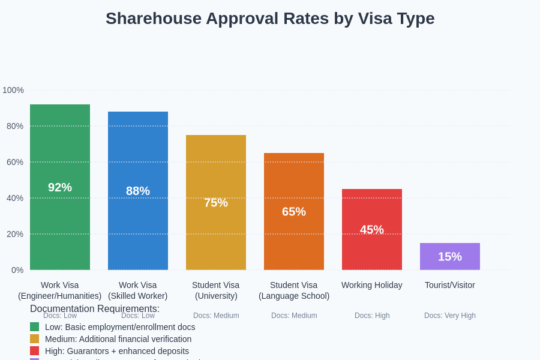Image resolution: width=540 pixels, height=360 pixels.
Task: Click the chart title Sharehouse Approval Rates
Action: click(x=270, y=19)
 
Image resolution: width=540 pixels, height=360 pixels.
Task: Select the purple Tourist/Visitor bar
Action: click(x=450, y=256)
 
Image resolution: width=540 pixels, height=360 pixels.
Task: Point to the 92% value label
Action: click(x=60, y=187)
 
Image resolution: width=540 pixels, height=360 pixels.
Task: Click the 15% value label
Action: click(x=450, y=257)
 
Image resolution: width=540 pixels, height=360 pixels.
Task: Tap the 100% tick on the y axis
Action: click(x=13, y=90)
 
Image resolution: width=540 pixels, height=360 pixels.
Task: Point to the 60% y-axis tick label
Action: click(x=15, y=162)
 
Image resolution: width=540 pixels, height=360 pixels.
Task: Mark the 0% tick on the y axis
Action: click(x=17, y=270)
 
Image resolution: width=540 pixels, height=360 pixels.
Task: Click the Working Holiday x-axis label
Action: click(x=372, y=285)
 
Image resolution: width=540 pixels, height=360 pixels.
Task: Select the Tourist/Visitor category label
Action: click(x=450, y=285)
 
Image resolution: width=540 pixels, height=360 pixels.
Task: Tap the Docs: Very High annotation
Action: click(x=450, y=316)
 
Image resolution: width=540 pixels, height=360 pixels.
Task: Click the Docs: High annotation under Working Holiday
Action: click(x=372, y=316)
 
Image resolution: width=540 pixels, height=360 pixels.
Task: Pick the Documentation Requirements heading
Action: click(x=95, y=308)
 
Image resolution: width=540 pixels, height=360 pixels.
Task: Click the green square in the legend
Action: click(x=34, y=327)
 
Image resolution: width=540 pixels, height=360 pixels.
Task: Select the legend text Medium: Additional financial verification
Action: click(x=118, y=339)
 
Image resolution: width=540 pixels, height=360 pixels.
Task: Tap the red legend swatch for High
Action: click(x=34, y=351)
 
